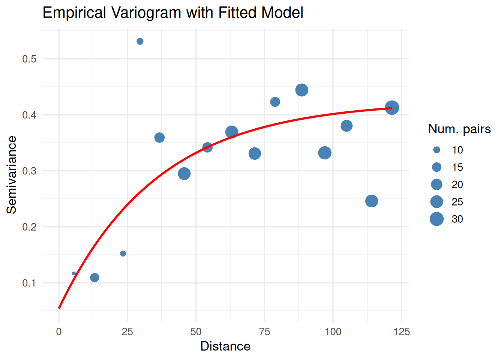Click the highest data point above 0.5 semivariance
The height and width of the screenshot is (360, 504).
[140, 41]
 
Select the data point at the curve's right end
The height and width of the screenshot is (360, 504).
[392, 108]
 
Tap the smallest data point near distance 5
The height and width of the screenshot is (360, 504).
[74, 273]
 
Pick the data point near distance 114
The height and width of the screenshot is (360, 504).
[371, 201]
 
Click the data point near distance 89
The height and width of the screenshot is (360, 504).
[301, 90]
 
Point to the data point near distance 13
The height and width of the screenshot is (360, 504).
[94, 277]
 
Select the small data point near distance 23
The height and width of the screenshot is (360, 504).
[123, 253]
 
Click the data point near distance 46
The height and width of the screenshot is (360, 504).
[184, 174]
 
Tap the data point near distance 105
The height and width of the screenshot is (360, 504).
[346, 126]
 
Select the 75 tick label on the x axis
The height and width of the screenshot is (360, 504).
[264, 332]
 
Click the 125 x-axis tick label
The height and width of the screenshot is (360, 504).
[402, 332]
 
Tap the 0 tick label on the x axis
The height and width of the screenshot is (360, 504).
[59, 332]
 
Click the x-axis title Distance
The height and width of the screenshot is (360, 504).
[225, 346]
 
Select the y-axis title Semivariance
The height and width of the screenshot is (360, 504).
[12, 175]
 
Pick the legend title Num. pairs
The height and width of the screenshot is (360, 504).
[459, 129]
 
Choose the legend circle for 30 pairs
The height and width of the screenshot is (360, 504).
[436, 219]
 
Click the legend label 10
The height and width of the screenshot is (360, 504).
[457, 150]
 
